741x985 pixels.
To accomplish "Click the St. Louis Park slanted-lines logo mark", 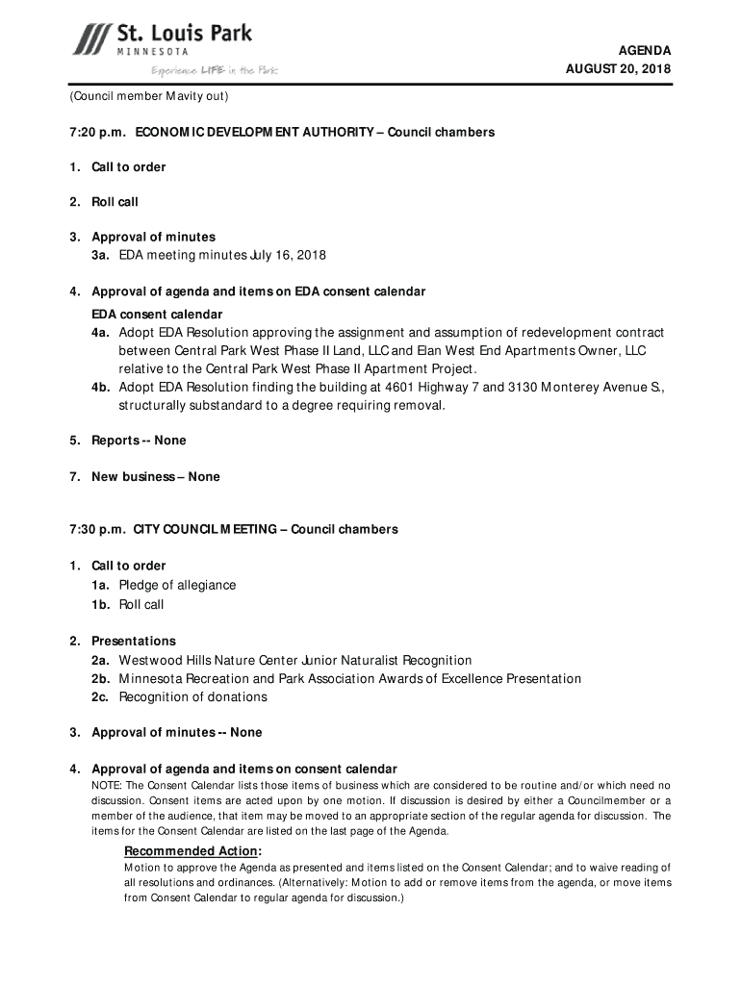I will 91,39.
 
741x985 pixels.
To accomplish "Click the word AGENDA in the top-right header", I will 645,50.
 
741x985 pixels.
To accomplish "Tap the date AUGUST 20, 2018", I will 618,69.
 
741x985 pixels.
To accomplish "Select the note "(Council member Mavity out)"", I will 148,97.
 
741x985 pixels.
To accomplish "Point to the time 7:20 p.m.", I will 96,132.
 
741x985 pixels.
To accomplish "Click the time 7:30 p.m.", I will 96,529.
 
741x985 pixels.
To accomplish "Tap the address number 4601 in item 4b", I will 402,387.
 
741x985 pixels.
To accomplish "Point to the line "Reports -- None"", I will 139,441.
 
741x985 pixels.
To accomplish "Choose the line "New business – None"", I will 155,477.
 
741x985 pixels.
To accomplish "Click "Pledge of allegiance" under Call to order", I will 177,585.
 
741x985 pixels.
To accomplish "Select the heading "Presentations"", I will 134,641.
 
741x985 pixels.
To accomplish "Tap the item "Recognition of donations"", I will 192,696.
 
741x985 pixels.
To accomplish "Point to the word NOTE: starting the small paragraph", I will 107,786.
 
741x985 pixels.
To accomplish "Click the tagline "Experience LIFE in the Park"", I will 214,70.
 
